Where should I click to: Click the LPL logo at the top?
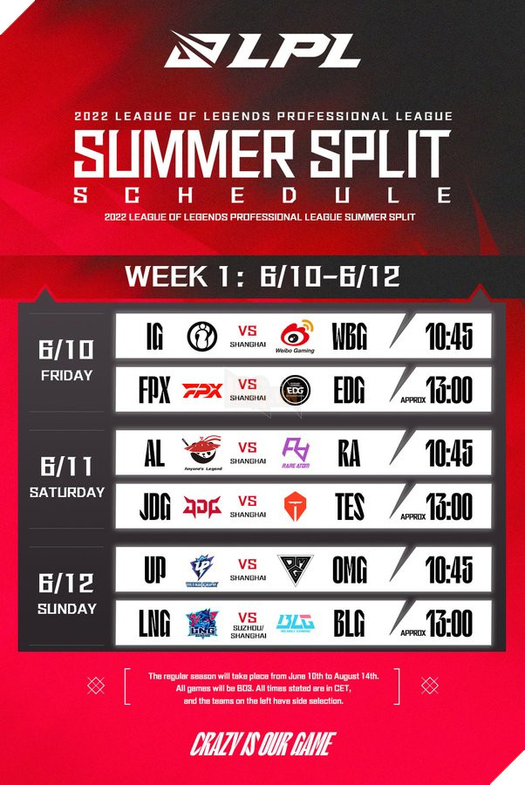pos(262,50)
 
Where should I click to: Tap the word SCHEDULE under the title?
pos(262,195)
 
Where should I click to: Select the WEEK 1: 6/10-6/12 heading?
pos(262,276)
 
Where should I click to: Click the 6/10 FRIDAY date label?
pos(66,358)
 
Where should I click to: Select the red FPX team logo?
pos(201,389)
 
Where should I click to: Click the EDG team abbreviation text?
pos(349,389)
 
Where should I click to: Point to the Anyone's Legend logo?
pos(201,454)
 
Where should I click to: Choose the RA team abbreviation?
pos(349,454)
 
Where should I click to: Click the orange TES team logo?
pos(297,507)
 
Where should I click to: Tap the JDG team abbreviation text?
pos(154,507)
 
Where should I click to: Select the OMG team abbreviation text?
pos(349,570)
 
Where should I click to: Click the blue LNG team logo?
pos(201,624)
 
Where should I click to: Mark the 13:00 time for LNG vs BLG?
pos(449,624)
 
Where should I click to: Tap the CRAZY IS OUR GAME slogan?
pos(262,744)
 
